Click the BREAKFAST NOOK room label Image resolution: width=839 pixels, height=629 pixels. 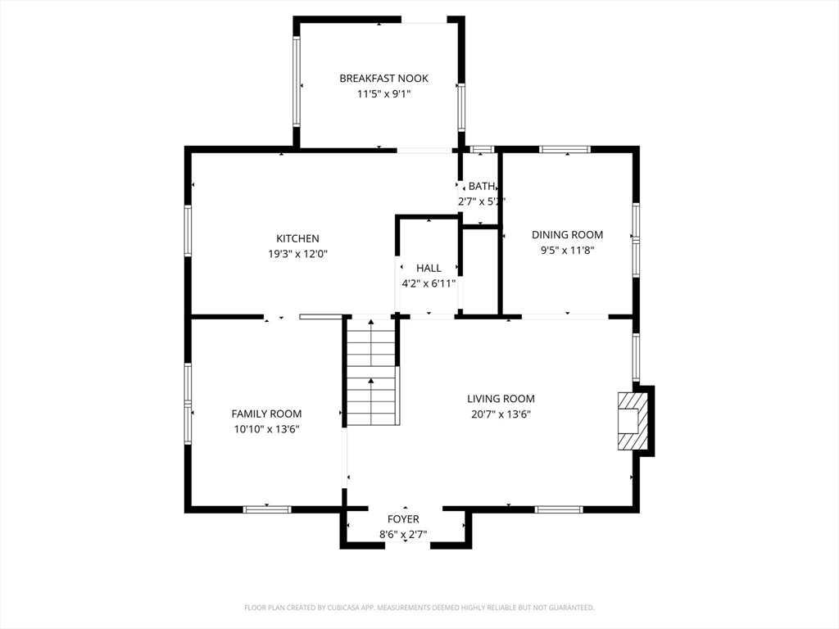[383, 79]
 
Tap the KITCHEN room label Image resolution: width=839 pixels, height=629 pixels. [297, 238]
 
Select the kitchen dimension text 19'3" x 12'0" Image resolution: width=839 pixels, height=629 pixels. [297, 254]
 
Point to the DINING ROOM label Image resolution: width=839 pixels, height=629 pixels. [567, 235]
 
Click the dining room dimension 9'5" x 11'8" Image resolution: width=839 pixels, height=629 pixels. [567, 250]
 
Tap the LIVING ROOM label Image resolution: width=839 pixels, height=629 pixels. [501, 399]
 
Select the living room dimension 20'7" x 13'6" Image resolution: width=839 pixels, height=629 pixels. [501, 414]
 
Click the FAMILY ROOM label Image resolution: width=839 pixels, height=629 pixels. [266, 414]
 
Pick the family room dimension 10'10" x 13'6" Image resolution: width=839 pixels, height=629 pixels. [266, 429]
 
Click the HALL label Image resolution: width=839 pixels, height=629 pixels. [429, 268]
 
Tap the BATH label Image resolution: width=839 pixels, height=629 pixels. [482, 186]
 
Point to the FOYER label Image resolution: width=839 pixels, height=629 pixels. [403, 518]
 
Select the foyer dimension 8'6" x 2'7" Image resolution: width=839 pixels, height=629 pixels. [403, 534]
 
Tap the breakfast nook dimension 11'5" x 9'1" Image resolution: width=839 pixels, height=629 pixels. [383, 94]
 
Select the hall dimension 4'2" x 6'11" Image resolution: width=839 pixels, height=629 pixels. [429, 283]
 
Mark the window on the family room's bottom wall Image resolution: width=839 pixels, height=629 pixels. [267, 509]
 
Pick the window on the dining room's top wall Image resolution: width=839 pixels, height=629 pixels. [565, 149]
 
